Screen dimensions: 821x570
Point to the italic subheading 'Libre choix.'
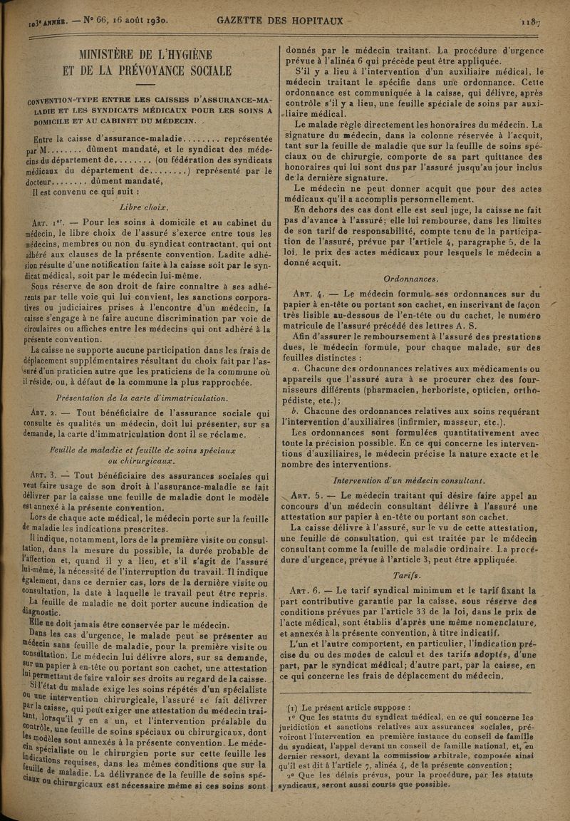click(144, 207)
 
